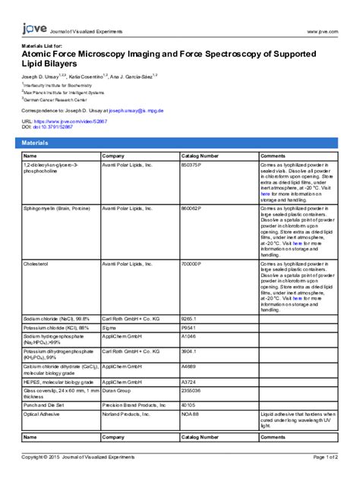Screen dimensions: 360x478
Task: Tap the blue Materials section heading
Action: [x=35, y=143]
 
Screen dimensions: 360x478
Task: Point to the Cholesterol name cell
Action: [x=37, y=263]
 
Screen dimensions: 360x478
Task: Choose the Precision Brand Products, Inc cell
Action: [x=138, y=406]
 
